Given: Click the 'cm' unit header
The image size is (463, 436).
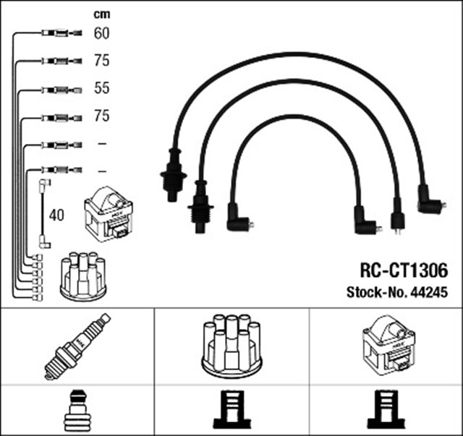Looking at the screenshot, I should point(101,14).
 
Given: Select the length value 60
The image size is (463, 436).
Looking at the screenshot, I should point(101,33).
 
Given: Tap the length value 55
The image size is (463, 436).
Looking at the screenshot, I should point(101,89).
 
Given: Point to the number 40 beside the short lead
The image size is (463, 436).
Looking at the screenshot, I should point(56,215).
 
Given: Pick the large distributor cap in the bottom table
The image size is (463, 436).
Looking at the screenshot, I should point(231,345).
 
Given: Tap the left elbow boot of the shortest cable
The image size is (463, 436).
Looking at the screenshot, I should point(238,218).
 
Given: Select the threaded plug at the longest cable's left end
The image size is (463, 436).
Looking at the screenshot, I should point(172,174).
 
